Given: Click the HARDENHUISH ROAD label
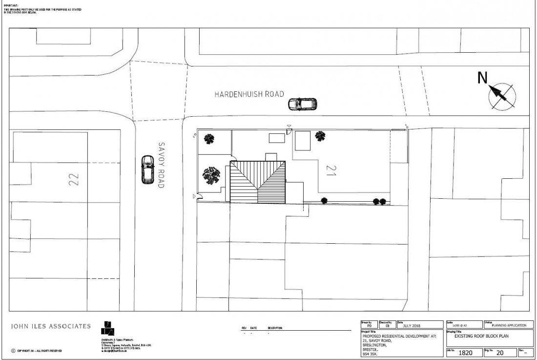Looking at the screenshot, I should point(249,94).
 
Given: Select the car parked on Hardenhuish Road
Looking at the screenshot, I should point(302,105).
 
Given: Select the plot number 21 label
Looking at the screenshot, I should point(331,169).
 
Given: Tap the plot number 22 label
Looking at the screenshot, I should point(74,179).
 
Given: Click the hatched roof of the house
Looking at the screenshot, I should point(258,182).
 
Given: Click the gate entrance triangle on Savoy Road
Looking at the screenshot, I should point(195,196).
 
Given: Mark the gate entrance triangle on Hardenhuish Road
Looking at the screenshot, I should point(289,126).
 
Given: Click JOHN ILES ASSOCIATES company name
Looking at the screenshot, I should point(50,326).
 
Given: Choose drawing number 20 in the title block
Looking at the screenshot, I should point(499,352).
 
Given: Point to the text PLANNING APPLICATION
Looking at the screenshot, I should point(509,325).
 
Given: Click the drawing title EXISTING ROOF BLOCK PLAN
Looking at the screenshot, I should point(482,337).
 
